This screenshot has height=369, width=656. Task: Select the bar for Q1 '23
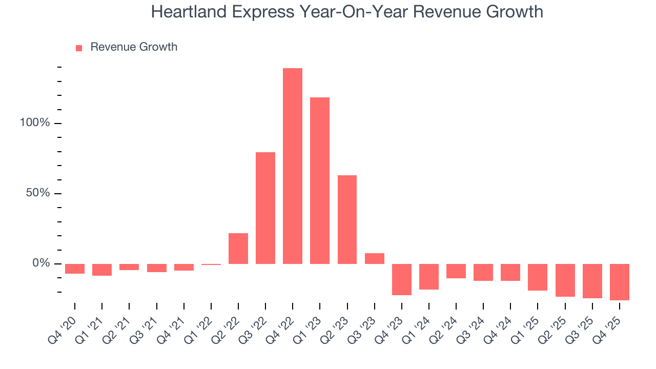pos(320,180)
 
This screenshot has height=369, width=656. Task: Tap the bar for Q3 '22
pos(265,208)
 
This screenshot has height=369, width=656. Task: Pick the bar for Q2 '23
pos(347,219)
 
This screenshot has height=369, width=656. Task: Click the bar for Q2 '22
pos(238,248)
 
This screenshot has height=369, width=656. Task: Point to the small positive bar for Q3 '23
pos(375,258)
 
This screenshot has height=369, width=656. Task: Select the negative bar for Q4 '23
pos(402,279)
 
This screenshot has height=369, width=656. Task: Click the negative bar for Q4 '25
pos(620,282)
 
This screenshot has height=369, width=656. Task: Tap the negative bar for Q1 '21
pos(102,270)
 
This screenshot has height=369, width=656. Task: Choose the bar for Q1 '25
pos(538,277)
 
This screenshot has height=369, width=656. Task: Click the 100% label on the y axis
pos(35,123)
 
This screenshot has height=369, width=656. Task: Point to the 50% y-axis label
pos(38,193)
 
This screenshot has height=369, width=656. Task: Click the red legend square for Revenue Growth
pos(79,48)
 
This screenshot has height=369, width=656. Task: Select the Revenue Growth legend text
pos(134,47)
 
